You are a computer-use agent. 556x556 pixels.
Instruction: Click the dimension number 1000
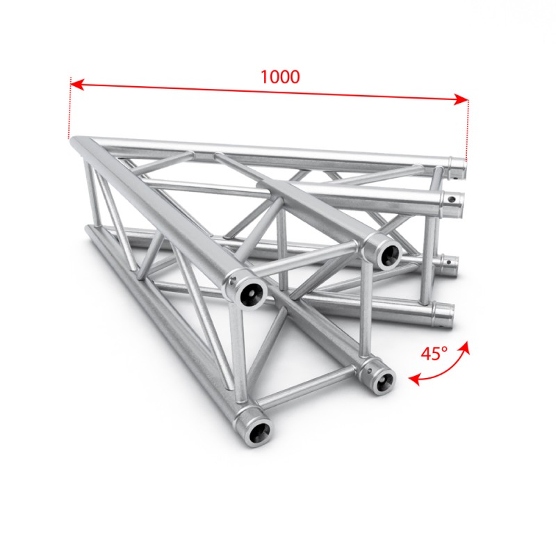(x=280, y=76)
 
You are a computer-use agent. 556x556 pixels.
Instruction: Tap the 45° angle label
(x=434, y=353)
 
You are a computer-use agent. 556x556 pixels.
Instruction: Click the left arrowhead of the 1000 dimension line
(x=77, y=85)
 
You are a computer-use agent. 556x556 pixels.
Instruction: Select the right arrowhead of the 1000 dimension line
(x=461, y=99)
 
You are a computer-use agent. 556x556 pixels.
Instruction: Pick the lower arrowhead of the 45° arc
(x=414, y=380)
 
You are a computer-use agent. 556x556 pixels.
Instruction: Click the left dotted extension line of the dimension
(x=70, y=108)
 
